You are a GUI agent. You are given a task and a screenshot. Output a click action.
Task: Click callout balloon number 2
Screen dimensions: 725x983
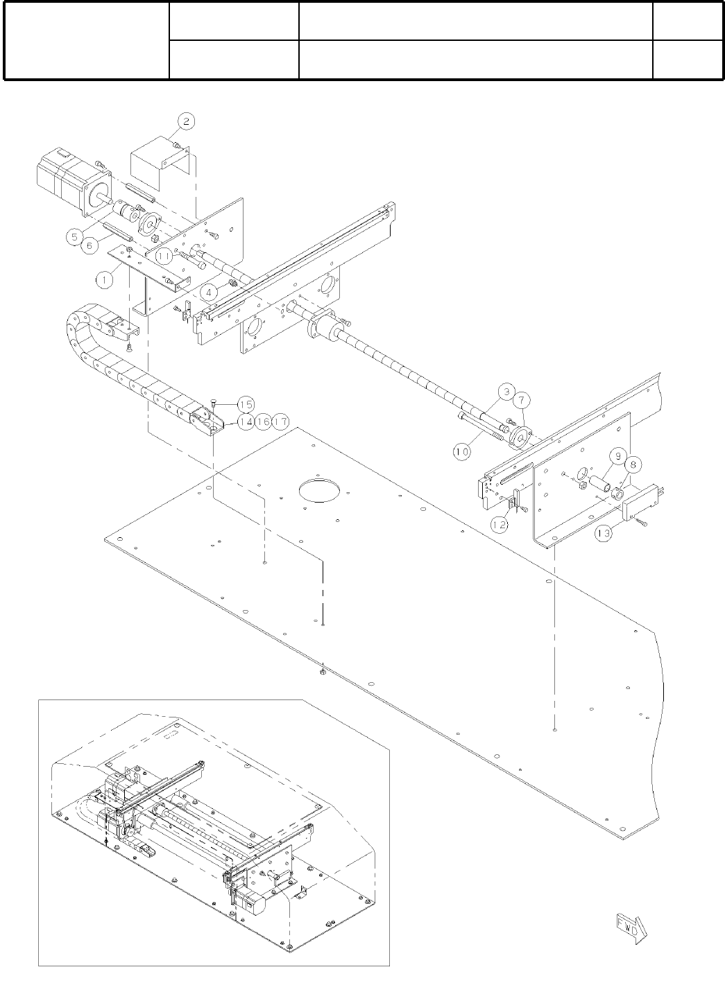tap(185, 121)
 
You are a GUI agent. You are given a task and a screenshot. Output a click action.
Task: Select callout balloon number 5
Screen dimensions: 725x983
tap(76, 236)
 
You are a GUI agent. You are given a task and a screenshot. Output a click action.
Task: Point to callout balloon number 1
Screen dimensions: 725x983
tap(104, 280)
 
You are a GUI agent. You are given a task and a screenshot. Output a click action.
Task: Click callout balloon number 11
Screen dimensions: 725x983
tap(164, 256)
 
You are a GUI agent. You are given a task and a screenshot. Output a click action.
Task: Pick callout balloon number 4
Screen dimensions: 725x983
tap(207, 292)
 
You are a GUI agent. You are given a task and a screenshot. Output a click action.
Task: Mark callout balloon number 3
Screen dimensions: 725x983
tap(507, 392)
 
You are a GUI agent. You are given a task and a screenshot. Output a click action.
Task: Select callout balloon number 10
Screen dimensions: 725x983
tap(462, 451)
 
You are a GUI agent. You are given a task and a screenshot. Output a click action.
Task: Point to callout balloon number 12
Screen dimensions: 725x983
tap(500, 525)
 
